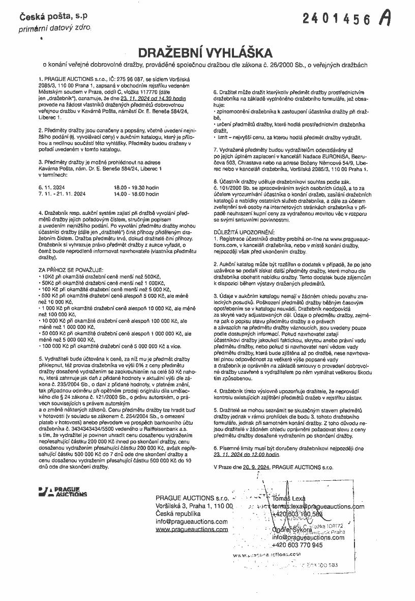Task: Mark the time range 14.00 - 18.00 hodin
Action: pyautogui.click(x=137, y=194)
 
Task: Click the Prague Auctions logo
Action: pyautogui.click(x=63, y=492)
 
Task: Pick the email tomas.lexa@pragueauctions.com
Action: pyautogui.click(x=318, y=506)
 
